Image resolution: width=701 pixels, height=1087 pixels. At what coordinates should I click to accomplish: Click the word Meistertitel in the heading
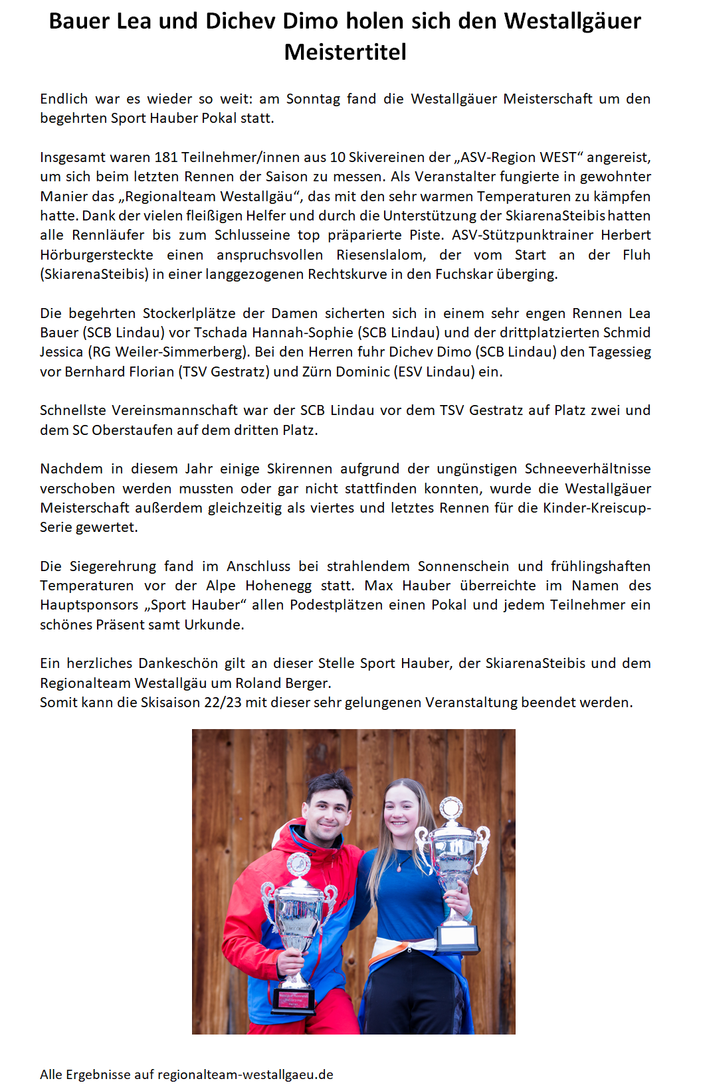(x=345, y=52)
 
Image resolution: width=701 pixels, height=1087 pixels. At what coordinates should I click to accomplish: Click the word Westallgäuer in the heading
(x=572, y=21)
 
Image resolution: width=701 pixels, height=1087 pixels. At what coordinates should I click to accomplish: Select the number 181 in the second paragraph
(x=165, y=157)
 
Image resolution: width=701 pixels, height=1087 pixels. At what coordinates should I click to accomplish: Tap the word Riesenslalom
(x=381, y=255)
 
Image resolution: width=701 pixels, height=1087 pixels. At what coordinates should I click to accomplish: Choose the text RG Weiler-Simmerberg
(x=169, y=352)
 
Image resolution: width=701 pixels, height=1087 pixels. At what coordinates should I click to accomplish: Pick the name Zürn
(x=317, y=372)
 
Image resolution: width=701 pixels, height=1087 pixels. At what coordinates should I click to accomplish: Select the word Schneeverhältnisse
(x=587, y=469)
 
